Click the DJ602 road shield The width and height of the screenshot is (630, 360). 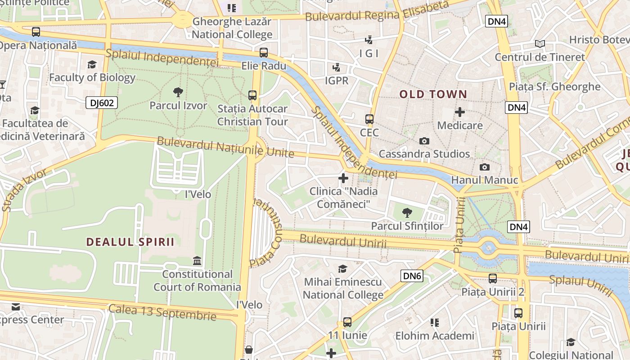[x=102, y=103]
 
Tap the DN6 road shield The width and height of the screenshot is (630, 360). [x=412, y=276]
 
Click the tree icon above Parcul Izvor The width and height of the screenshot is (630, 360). [x=178, y=92]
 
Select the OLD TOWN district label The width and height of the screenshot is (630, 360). [x=433, y=94]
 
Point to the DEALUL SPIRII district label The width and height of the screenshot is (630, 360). [x=130, y=242]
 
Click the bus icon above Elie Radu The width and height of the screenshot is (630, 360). [x=264, y=52]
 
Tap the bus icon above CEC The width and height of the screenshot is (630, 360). [x=369, y=119]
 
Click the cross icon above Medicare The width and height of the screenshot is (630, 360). [x=460, y=112]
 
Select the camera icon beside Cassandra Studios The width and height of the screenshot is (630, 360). [x=424, y=141]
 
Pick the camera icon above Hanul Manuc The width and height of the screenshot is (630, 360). [x=484, y=167]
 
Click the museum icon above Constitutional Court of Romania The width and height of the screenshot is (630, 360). [x=197, y=261]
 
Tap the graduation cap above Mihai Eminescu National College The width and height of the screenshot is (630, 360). [x=343, y=269]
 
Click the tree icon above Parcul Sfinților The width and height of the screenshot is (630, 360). [x=407, y=212]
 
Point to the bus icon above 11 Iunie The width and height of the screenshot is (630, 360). [x=347, y=322]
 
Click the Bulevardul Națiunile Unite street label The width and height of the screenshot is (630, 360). [x=225, y=147]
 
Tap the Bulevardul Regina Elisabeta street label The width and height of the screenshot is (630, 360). [x=377, y=11]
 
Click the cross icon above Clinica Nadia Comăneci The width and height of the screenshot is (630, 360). [x=343, y=178]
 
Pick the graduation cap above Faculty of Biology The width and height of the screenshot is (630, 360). [x=92, y=65]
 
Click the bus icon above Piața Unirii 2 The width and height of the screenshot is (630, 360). [x=493, y=279]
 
